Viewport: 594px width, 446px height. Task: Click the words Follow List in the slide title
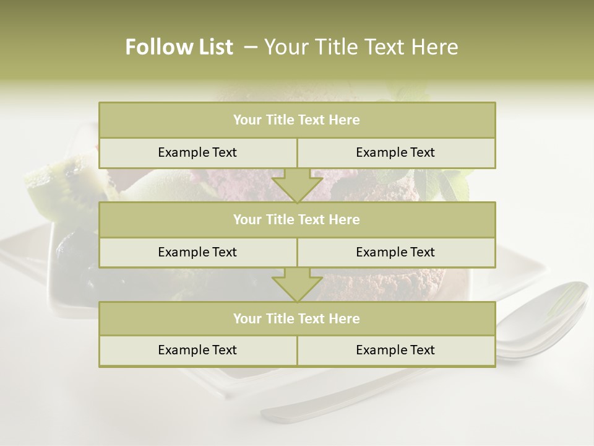pyautogui.click(x=179, y=47)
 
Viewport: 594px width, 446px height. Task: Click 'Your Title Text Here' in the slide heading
pyautogui.click(x=361, y=47)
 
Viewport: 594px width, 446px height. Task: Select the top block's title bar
pyautogui.click(x=297, y=120)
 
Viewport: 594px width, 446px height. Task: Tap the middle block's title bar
pyautogui.click(x=297, y=220)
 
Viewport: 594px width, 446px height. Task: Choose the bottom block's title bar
pyautogui.click(x=297, y=319)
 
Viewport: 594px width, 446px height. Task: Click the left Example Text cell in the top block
pyautogui.click(x=197, y=153)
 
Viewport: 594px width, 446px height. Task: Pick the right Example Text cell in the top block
pyautogui.click(x=395, y=153)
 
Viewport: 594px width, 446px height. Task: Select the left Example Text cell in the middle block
pyautogui.click(x=197, y=253)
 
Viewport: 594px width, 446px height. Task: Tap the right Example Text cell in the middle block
pyautogui.click(x=395, y=253)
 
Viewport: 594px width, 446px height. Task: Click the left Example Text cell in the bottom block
pyautogui.click(x=197, y=351)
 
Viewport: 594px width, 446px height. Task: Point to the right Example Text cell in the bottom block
pyautogui.click(x=395, y=351)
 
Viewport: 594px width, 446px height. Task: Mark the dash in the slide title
pyautogui.click(x=250, y=47)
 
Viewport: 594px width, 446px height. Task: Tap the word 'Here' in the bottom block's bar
pyautogui.click(x=345, y=319)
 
